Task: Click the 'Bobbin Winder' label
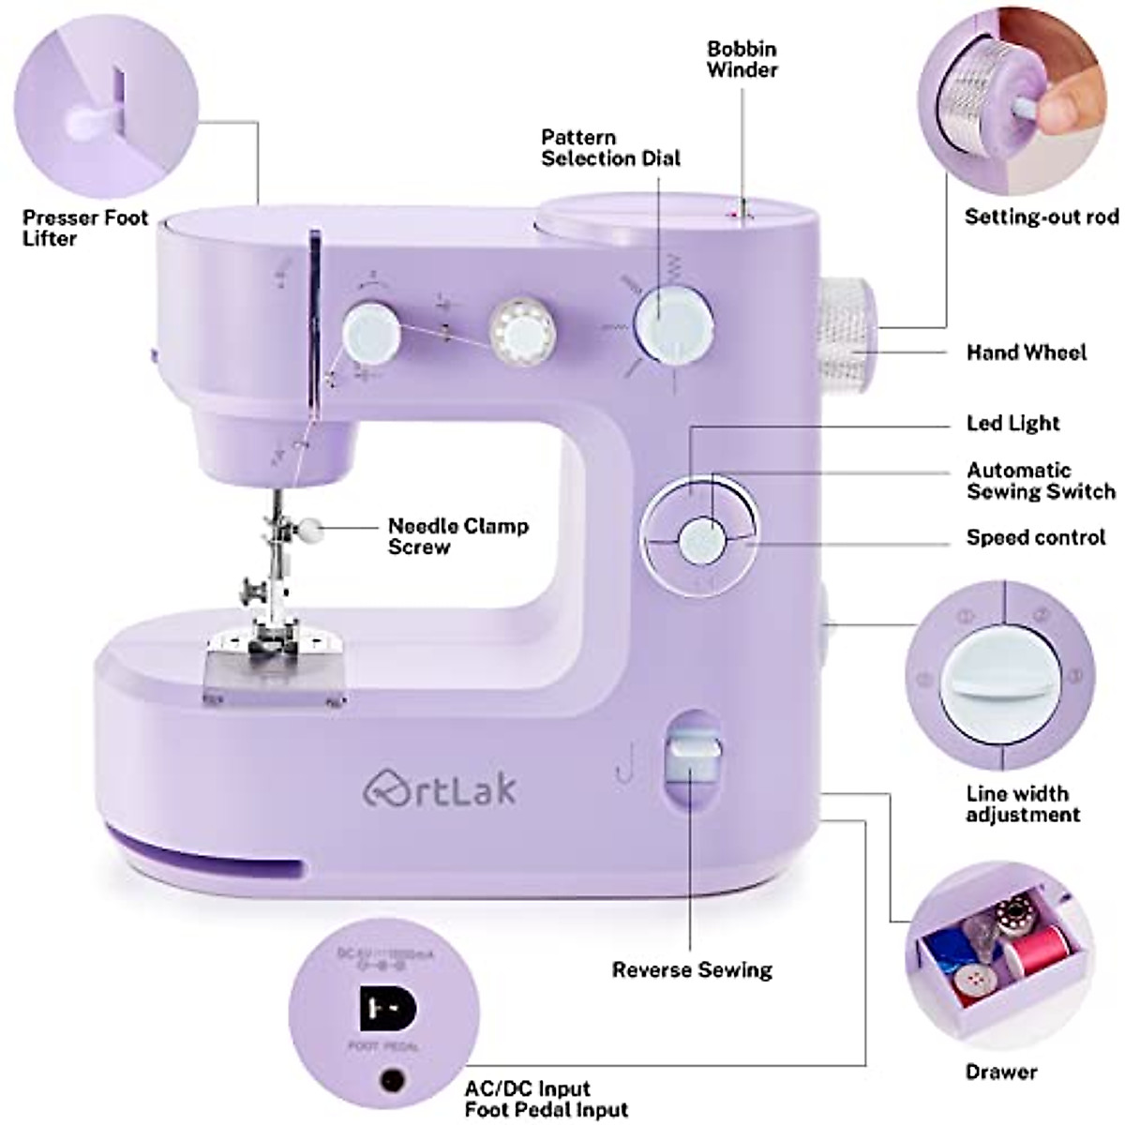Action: [x=742, y=58]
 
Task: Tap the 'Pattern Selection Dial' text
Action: [x=610, y=148]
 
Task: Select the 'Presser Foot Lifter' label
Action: [x=85, y=228]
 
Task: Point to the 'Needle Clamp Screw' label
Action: [x=457, y=536]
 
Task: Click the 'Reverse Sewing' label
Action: [x=692, y=969]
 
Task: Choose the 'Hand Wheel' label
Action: [x=1027, y=352]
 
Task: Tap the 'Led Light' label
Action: [x=1012, y=423]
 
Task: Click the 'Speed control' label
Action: [x=1036, y=538]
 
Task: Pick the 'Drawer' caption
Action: [x=1001, y=1072]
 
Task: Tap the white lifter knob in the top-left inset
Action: [x=88, y=119]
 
